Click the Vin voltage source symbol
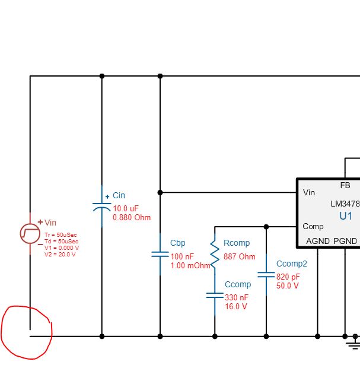[30, 232]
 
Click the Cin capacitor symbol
[101, 207]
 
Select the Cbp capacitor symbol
[160, 254]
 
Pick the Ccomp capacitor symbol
[215, 294]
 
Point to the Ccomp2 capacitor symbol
[266, 275]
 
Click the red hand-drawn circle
[27, 332]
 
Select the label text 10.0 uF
[126, 208]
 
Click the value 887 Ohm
[239, 257]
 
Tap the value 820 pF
[288, 277]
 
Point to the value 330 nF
[237, 297]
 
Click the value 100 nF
[181, 256]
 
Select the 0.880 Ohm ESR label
[132, 218]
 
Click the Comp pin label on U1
[313, 226]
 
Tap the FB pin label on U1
[345, 186]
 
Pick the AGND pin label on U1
[318, 241]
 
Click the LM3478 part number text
[346, 204]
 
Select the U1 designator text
[346, 216]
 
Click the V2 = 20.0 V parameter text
[60, 254]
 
